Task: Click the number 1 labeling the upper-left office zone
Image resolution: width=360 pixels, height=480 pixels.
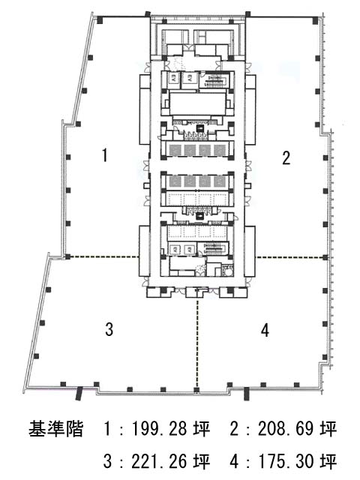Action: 105,155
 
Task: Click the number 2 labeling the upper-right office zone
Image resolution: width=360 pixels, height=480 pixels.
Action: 286,158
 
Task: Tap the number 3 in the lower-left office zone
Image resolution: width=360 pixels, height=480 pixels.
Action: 109,329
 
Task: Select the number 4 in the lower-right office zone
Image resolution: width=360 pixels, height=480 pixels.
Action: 265,330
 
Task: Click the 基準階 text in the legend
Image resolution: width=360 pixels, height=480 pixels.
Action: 56,428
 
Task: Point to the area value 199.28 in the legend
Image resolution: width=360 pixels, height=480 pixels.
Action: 159,428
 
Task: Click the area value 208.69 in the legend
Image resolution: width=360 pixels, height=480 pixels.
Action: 286,428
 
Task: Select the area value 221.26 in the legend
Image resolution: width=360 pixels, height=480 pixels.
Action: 159,461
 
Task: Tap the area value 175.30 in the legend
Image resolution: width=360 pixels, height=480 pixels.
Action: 286,461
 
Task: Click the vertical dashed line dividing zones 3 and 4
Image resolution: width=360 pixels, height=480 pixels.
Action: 197,343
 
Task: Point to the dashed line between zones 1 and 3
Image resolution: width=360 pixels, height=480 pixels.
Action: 103,256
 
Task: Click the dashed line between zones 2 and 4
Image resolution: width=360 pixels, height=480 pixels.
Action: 290,257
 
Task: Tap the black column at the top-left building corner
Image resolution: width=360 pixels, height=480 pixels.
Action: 100,20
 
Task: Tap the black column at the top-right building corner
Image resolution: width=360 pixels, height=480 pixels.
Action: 315,20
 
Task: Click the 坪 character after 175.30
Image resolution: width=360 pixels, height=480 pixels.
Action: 328,461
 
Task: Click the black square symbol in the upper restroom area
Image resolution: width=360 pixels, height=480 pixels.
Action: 200,129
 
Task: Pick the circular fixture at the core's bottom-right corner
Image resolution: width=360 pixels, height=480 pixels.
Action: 227,271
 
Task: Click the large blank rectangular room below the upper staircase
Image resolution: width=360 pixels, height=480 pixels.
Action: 197,103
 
